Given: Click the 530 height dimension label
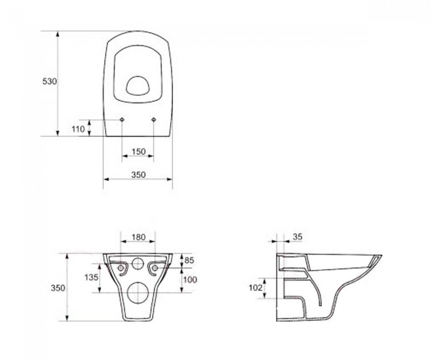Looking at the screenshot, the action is tap(50, 81).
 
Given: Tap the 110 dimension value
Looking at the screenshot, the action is tap(79, 129).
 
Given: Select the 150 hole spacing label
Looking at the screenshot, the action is tap(138, 152).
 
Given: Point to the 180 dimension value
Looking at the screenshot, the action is tap(138, 237).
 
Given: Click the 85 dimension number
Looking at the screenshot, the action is tap(189, 260).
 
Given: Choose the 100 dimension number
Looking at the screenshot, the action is tap(190, 280).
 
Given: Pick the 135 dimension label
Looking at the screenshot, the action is tap(91, 277).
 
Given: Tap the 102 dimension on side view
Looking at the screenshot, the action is tap(256, 287).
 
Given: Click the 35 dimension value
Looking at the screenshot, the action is tap(297, 236).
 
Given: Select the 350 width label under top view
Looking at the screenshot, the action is tap(138, 174).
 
